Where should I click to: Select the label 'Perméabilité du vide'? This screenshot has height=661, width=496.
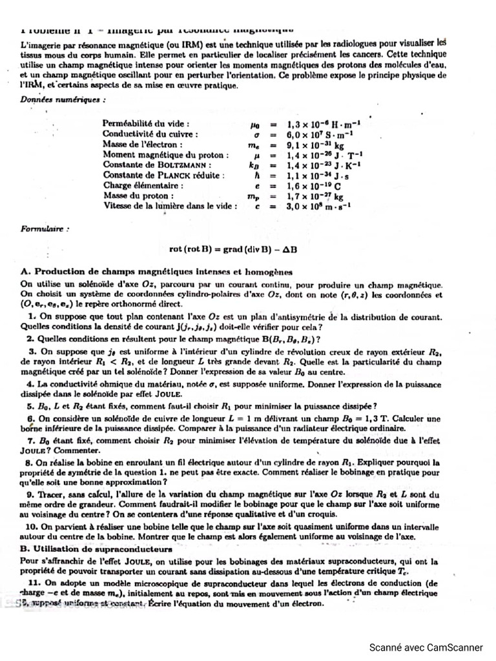pyautogui.click(x=146, y=123)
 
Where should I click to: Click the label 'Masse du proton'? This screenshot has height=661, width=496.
pyautogui.click(x=138, y=196)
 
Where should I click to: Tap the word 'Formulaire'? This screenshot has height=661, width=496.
pyautogui.click(x=45, y=229)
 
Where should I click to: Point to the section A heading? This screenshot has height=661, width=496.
pyautogui.click(x=157, y=272)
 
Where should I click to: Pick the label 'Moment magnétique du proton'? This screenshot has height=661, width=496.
pyautogui.click(x=166, y=155)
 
